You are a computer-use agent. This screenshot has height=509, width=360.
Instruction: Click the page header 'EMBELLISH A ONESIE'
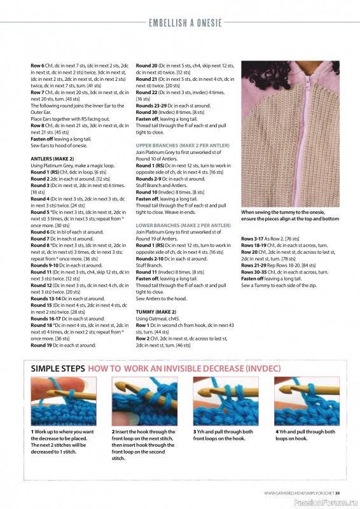[x=185, y=23]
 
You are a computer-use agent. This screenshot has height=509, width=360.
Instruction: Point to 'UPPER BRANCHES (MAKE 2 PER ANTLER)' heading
[x=183, y=145]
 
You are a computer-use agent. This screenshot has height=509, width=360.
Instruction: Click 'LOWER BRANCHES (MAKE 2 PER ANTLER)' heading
[x=183, y=225]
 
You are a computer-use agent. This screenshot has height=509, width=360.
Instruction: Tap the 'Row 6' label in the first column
[x=38, y=66]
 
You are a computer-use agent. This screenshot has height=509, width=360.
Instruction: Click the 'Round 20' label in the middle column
[x=147, y=66]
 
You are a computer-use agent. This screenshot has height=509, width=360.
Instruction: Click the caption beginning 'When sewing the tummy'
[x=289, y=215]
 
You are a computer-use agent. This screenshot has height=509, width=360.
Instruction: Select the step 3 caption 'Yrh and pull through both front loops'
[x=223, y=435]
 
